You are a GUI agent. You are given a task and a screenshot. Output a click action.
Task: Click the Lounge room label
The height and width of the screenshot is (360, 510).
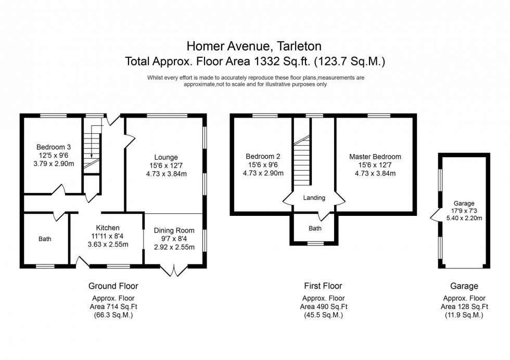(166, 157)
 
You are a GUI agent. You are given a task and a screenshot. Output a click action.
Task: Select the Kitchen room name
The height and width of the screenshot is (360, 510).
(108, 227)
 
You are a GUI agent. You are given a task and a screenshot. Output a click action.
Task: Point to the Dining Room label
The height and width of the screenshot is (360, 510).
(174, 230)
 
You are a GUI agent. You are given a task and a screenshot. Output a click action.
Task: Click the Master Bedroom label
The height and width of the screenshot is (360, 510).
(375, 157)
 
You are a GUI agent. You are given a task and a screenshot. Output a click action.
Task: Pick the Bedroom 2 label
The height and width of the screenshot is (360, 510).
(263, 157)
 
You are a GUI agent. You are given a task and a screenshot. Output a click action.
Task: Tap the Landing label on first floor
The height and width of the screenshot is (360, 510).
(314, 198)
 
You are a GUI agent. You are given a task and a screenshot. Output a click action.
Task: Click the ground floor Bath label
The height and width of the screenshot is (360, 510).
(45, 239)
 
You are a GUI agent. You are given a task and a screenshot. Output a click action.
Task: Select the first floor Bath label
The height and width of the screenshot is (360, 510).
(315, 228)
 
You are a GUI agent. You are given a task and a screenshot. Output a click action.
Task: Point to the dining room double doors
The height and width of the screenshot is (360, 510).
(173, 270)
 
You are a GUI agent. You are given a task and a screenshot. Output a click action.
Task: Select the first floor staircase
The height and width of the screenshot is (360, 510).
(302, 161)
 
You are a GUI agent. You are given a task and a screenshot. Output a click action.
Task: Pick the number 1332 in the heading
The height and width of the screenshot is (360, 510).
(264, 61)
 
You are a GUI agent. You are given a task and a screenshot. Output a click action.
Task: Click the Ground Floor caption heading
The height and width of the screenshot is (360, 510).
(113, 286)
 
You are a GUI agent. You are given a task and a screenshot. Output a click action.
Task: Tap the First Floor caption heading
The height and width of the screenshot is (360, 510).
(323, 286)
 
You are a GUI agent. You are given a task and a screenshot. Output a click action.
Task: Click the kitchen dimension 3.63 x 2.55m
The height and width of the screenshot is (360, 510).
(108, 244)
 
